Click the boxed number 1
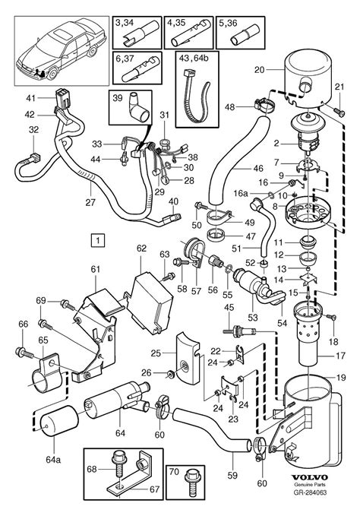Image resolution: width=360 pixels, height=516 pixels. [97, 241]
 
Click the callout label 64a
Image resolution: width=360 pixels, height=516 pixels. [52, 459]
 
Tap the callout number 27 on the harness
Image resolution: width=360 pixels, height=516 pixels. [92, 202]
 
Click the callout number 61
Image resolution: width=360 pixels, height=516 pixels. [95, 269]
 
